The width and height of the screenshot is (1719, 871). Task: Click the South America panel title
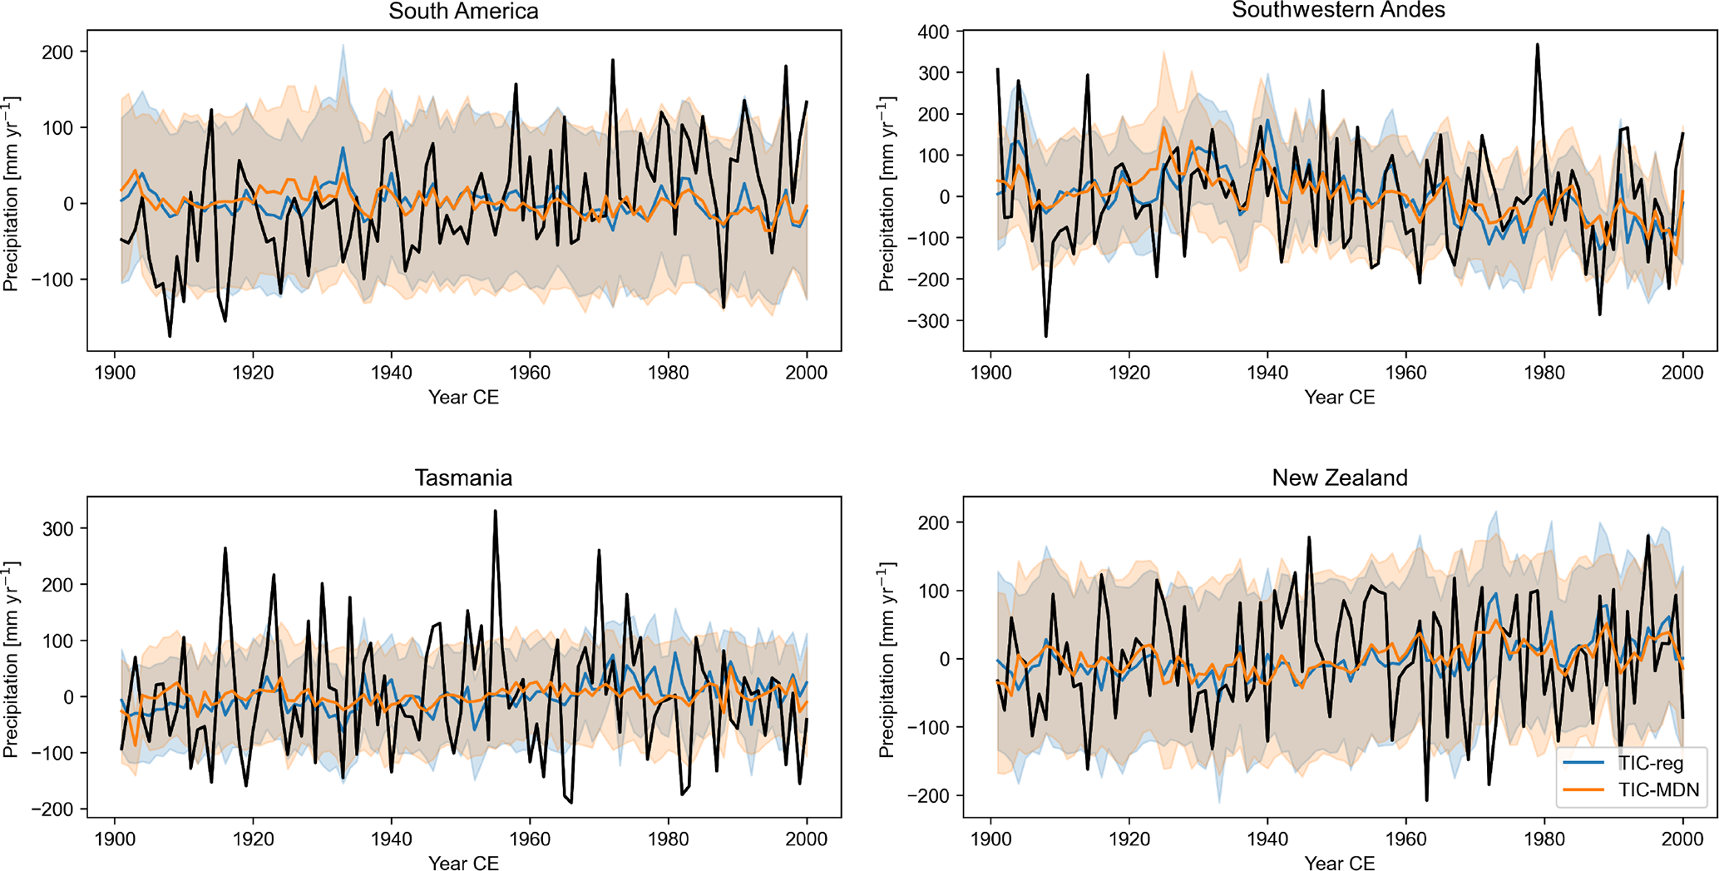(x=463, y=12)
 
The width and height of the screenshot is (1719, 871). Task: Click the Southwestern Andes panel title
(x=1338, y=10)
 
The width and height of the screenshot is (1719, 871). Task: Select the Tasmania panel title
(x=463, y=478)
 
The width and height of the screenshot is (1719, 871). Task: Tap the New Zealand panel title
(x=1339, y=478)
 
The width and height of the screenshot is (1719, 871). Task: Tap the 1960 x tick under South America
(x=530, y=373)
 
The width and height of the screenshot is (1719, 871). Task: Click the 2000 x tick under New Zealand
(x=1682, y=839)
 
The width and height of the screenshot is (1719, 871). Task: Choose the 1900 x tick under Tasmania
(x=115, y=839)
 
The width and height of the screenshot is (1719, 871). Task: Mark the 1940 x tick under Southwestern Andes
(x=1267, y=373)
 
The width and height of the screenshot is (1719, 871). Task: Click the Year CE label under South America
(x=463, y=398)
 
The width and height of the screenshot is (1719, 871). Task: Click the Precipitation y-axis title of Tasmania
(x=11, y=659)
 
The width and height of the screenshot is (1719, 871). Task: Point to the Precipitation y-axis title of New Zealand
(x=887, y=659)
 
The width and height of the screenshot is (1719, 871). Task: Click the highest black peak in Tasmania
(x=495, y=511)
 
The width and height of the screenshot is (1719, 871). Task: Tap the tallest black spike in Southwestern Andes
(x=1538, y=45)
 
